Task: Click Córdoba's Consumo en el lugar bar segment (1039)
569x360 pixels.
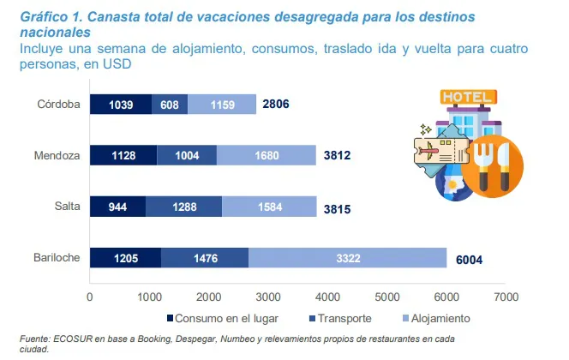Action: (x=121, y=105)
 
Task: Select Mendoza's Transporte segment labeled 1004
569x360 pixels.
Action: (x=187, y=155)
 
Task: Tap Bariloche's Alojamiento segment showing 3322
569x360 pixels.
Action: (x=347, y=258)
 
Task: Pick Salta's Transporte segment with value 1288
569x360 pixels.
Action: (x=184, y=207)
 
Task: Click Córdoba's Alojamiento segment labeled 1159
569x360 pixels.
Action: (x=222, y=105)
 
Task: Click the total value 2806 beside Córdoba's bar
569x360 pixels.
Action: (x=276, y=105)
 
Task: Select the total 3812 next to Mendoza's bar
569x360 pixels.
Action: (x=337, y=156)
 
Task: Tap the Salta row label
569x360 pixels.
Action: (x=67, y=207)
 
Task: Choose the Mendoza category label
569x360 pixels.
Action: (x=57, y=155)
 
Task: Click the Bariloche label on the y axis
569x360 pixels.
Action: (x=57, y=258)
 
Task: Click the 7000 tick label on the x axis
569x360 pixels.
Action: (x=506, y=297)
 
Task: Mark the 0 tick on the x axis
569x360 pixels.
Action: (x=90, y=297)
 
